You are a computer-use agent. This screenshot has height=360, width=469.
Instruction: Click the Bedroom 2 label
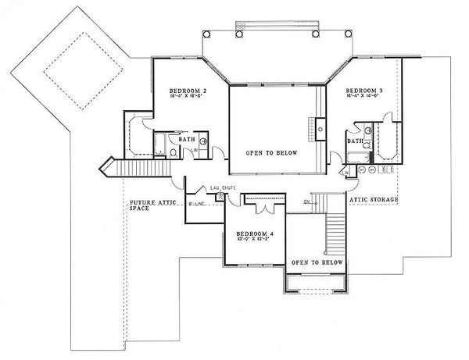click(x=188, y=91)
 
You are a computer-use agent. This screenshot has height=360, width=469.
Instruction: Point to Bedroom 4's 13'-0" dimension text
click(x=243, y=240)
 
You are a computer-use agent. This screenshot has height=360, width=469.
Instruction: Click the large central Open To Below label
click(x=270, y=153)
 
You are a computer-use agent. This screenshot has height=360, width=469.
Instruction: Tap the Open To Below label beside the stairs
click(x=317, y=262)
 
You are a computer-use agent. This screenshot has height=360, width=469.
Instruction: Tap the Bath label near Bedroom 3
click(x=355, y=141)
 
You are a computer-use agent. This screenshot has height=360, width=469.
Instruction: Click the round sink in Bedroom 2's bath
click(x=203, y=141)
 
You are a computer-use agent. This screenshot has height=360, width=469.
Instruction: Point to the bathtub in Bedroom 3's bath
click(x=388, y=144)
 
